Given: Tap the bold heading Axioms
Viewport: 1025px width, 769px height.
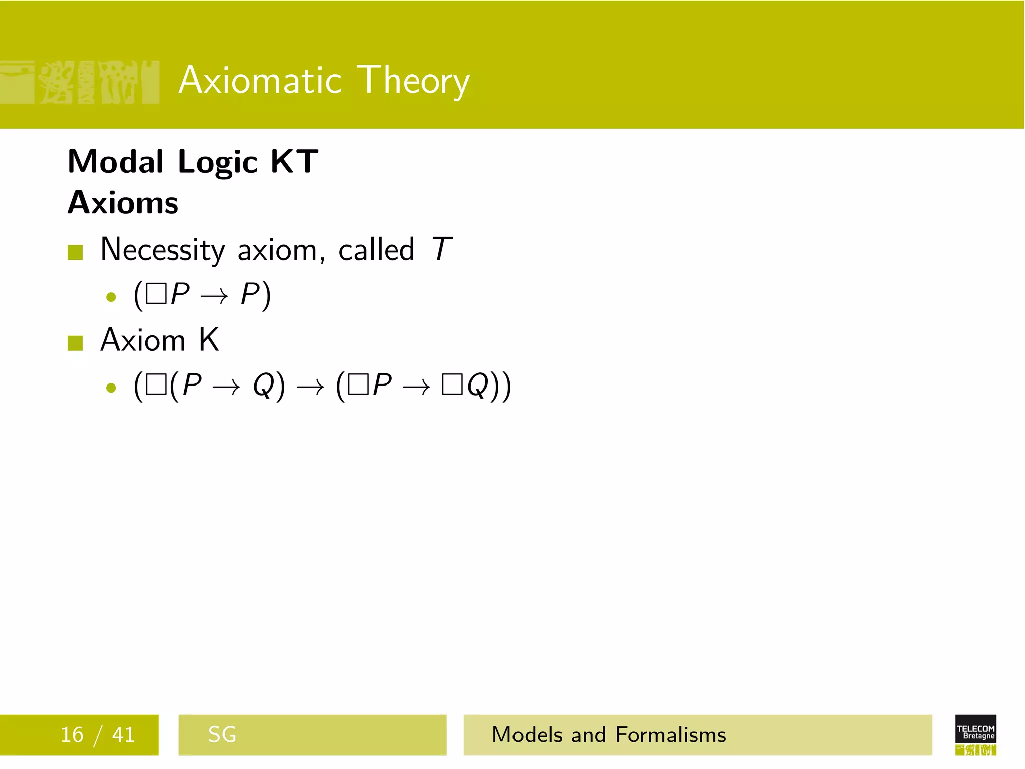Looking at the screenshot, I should [123, 203].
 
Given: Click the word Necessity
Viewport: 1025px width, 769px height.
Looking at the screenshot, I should [163, 250].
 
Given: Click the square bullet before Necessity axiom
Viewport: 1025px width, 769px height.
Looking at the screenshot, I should [75, 252].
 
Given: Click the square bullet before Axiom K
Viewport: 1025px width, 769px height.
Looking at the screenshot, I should [75, 343].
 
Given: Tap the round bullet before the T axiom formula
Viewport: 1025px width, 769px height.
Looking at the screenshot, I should [111, 297].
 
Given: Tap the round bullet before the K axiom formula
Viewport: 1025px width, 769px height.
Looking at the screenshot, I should [111, 388].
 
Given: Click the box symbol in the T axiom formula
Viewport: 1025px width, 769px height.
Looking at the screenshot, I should [156, 294].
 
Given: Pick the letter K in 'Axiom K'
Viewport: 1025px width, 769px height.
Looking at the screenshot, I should [209, 340].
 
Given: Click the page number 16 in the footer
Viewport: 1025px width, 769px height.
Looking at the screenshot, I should [72, 735].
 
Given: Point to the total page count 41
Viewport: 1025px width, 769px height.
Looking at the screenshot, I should [123, 735].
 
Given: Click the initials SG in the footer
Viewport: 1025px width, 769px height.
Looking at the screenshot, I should [222, 735].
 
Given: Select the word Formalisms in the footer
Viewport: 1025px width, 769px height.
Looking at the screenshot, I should [670, 735].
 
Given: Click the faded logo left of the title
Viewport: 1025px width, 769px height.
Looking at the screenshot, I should [80, 82].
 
